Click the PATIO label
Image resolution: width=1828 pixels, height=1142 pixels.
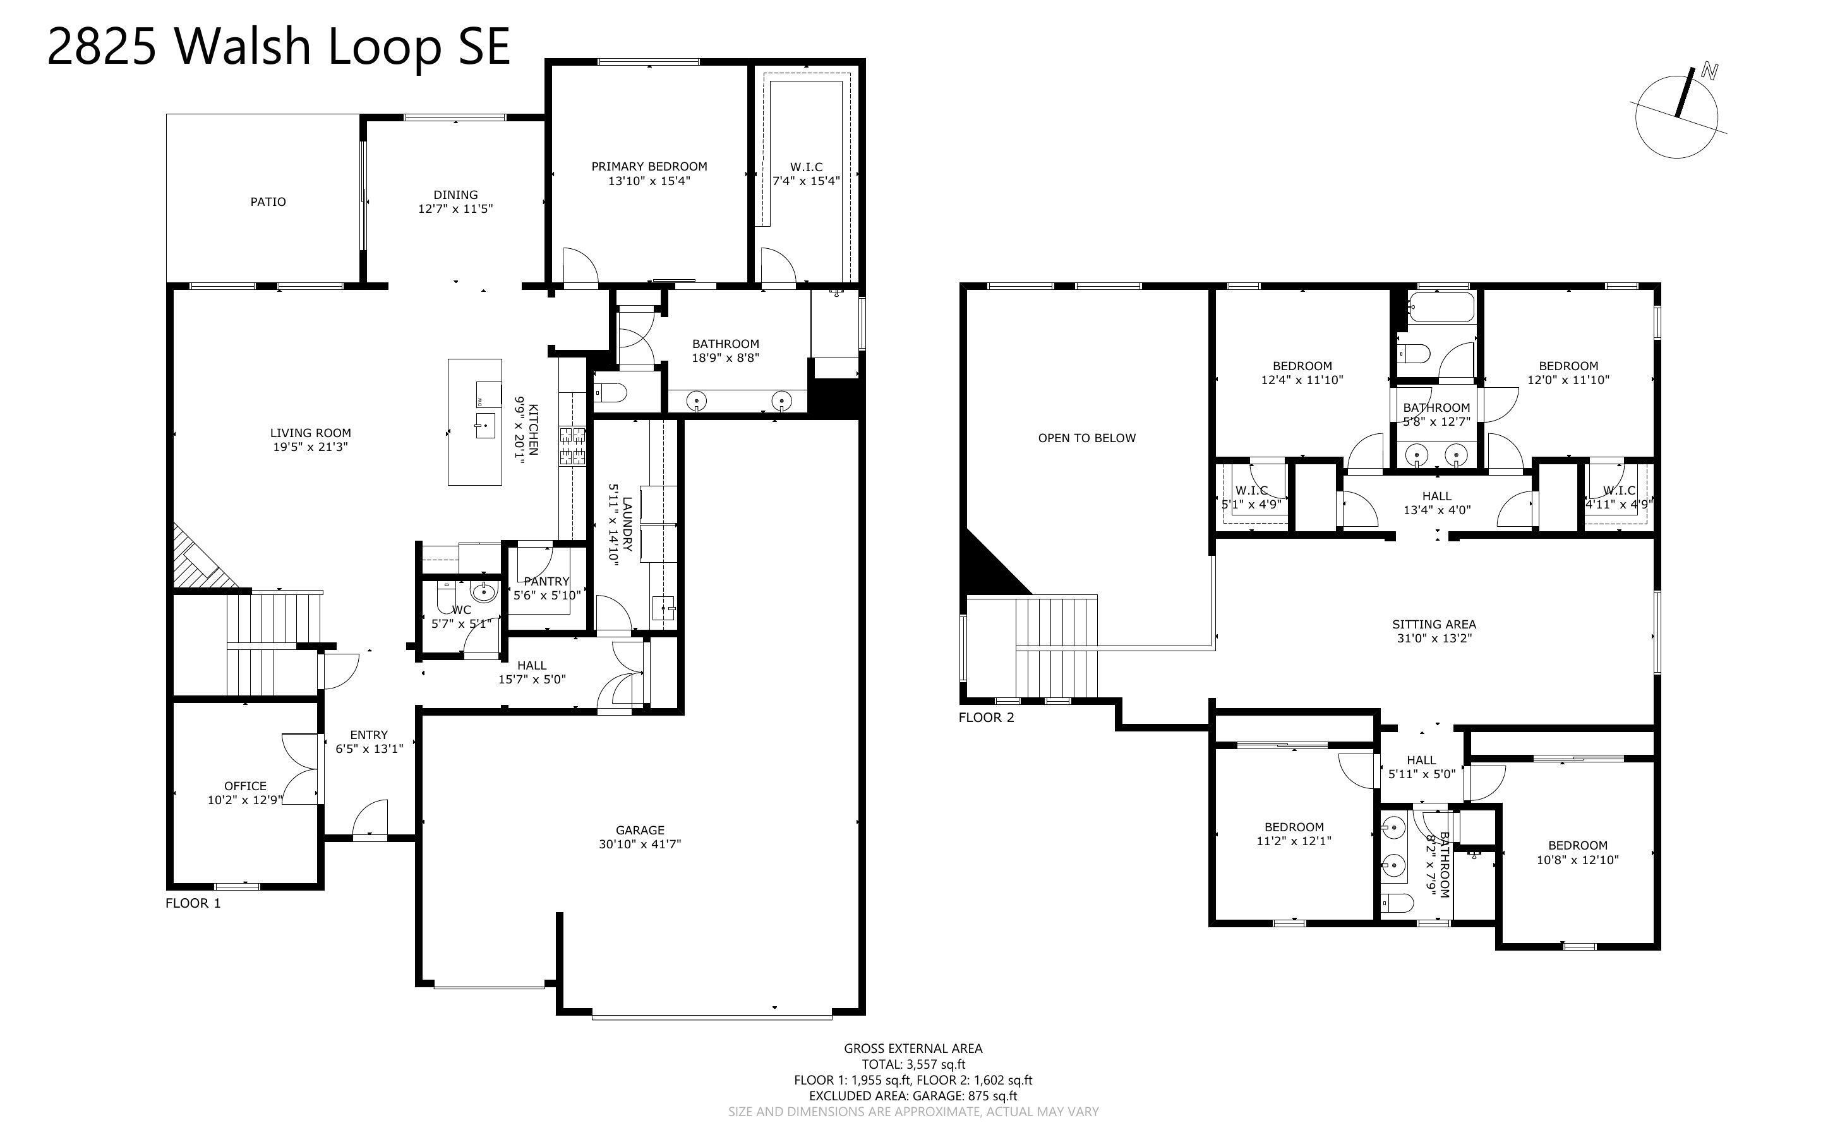coord(268,201)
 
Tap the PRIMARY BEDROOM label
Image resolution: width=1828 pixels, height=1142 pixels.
coord(649,166)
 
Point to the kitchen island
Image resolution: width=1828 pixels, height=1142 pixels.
coord(474,421)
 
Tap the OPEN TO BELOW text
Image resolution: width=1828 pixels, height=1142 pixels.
coord(1086,438)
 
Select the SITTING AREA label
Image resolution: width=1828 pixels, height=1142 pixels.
coord(1433,624)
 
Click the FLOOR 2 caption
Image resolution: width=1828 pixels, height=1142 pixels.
coord(986,718)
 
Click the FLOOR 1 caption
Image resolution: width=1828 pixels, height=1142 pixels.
coord(193,903)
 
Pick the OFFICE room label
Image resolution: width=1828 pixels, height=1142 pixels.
coord(244,786)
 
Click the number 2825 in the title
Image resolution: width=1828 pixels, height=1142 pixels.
coord(102,47)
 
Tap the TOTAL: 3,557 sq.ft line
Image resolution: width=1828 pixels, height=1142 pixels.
coord(913,1064)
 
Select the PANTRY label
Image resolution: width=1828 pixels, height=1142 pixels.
coord(546,581)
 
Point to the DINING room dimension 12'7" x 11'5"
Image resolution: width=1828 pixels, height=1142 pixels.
coord(455,208)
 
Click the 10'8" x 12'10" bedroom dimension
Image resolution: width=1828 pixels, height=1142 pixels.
coord(1577,860)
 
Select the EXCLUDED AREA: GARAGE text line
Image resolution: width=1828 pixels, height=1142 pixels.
coord(912,1095)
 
